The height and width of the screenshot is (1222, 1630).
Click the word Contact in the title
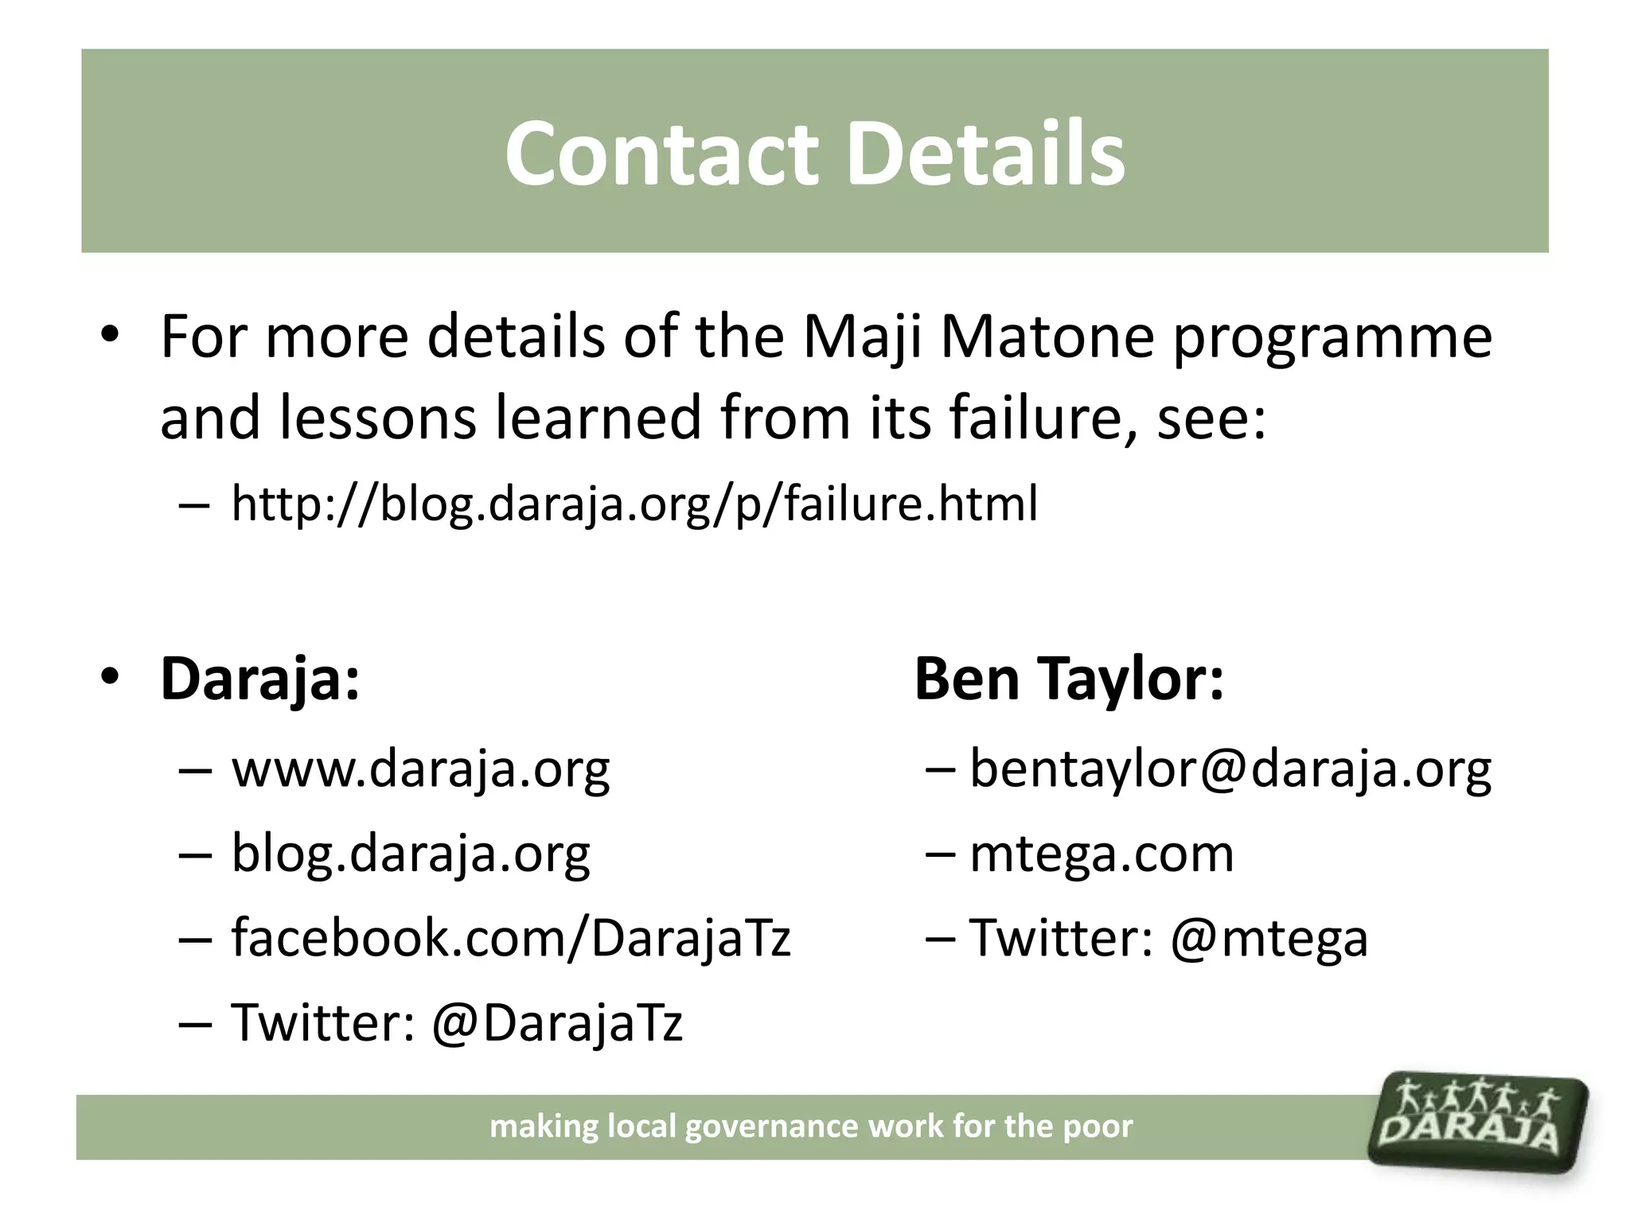click(661, 153)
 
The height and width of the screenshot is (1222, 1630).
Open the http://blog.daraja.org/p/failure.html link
click(634, 504)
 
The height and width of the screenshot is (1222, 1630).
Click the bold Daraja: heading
click(259, 679)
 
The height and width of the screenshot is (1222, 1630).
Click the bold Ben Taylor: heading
click(1068, 679)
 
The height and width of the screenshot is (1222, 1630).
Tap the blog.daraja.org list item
click(411, 854)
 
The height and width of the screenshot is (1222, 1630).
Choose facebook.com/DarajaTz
click(510, 938)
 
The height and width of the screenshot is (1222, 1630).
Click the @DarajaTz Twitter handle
click(556, 1023)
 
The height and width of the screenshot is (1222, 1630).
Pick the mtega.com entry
click(1102, 854)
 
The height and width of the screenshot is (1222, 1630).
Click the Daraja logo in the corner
click(1478, 1123)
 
